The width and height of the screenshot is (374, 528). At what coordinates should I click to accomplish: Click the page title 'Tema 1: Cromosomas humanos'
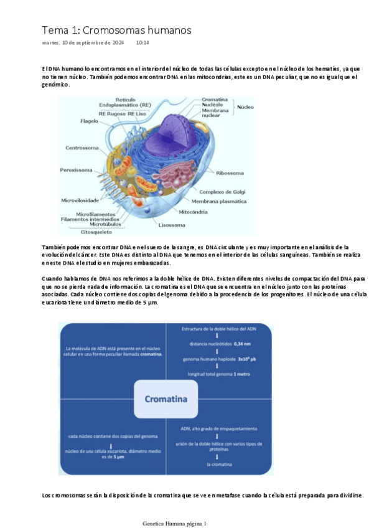[x=116, y=30]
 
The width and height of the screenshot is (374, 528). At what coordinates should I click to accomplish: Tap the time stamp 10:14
[x=142, y=43]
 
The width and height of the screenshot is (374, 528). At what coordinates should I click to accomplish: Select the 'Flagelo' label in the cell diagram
[x=89, y=121]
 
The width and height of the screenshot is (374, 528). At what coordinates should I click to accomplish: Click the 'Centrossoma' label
[x=82, y=148]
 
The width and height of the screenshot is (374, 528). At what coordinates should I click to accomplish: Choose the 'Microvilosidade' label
[x=80, y=200]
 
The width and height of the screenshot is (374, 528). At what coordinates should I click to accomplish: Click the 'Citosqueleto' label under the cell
[x=96, y=232]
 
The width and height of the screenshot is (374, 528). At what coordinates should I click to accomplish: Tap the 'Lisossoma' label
[x=172, y=225]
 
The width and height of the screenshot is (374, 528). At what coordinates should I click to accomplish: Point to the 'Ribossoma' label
[x=230, y=172]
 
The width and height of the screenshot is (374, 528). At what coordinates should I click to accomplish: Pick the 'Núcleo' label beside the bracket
[x=246, y=107]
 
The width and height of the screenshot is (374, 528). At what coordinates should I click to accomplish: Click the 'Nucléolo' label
[x=212, y=105]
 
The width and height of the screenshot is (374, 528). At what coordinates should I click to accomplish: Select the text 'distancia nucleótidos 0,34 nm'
[x=217, y=344]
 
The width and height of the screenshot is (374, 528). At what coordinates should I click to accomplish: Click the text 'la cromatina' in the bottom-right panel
[x=217, y=464]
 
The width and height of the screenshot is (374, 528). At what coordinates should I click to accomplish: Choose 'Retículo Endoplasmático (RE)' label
[x=124, y=102]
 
